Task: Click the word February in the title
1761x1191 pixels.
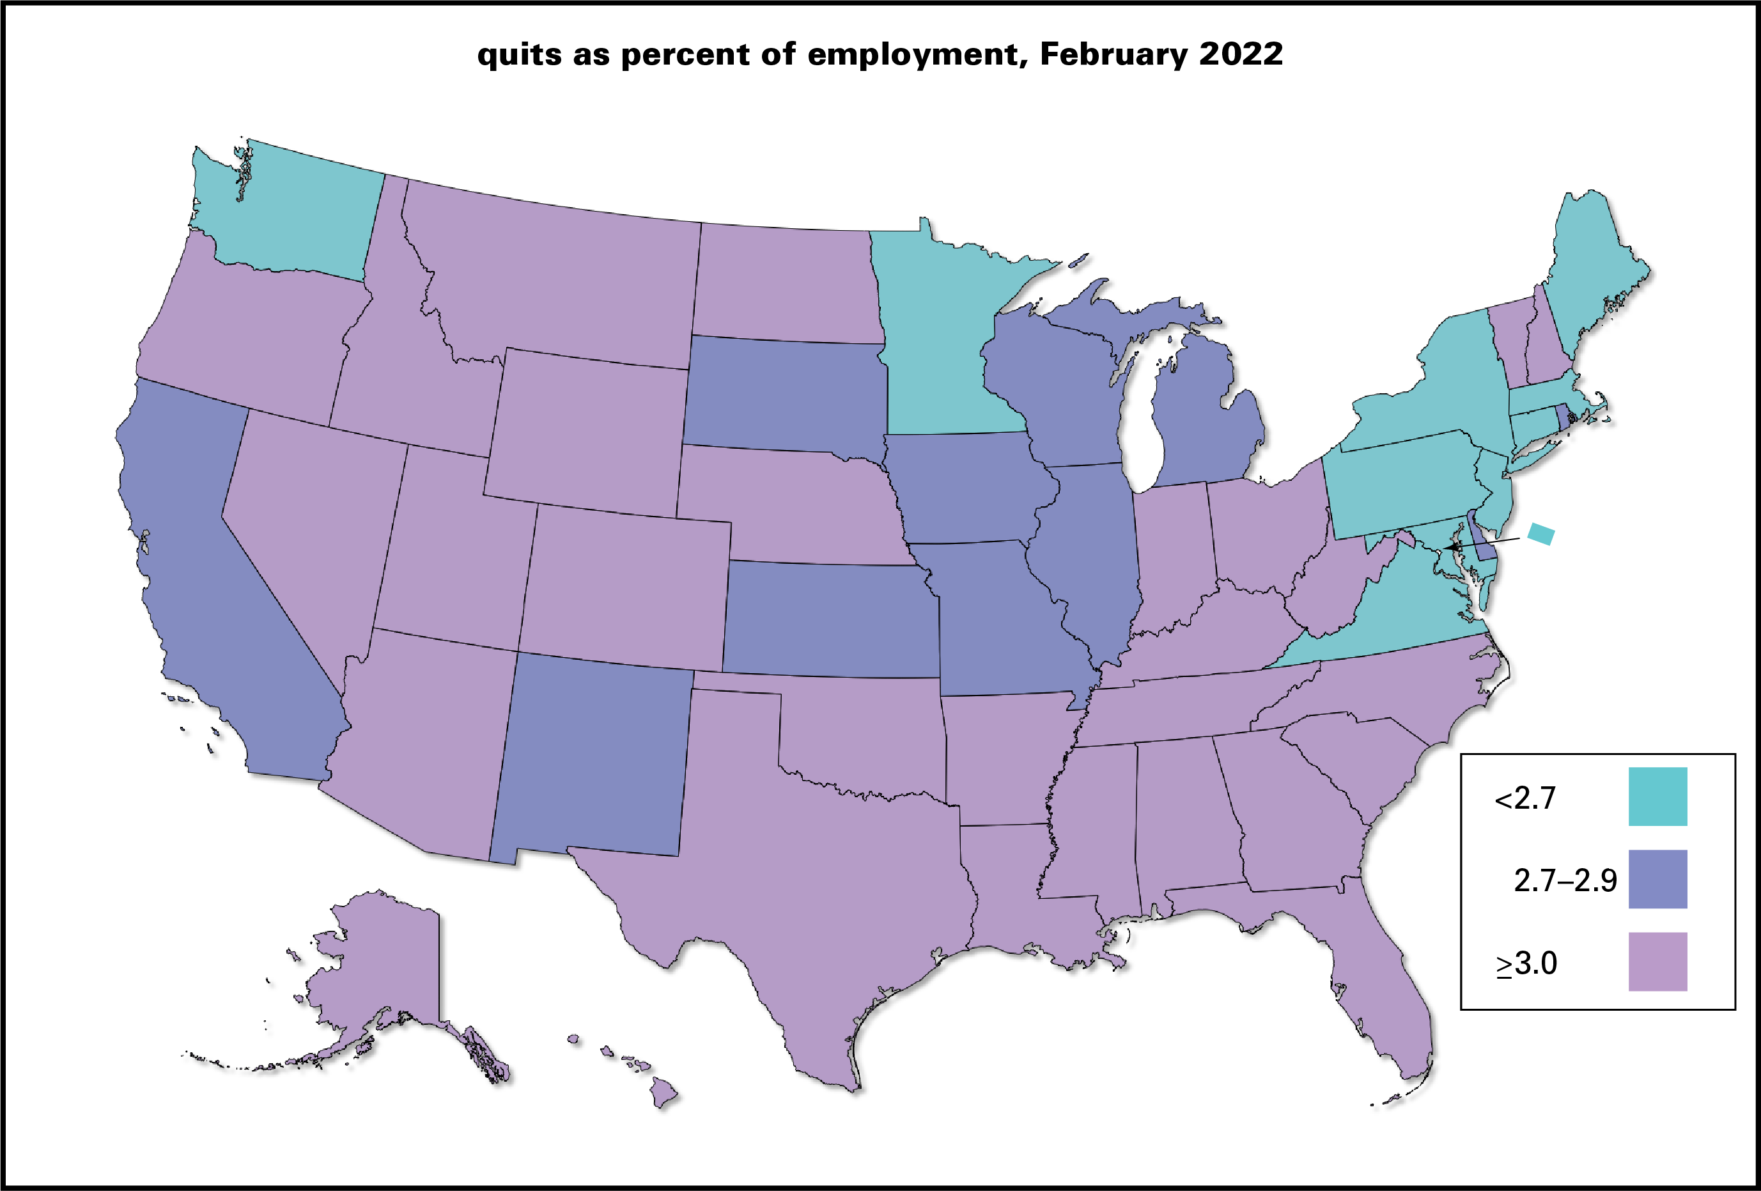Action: (1112, 54)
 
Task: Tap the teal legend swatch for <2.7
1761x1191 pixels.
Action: (1657, 797)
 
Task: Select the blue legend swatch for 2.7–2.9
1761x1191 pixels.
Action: (1657, 879)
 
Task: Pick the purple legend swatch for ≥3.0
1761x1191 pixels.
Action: (1657, 961)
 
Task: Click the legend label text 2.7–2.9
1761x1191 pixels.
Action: (1565, 880)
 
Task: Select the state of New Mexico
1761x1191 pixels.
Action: (591, 758)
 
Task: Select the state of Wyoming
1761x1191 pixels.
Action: (587, 432)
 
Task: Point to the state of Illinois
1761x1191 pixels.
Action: (1091, 553)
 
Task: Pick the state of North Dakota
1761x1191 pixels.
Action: (788, 284)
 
